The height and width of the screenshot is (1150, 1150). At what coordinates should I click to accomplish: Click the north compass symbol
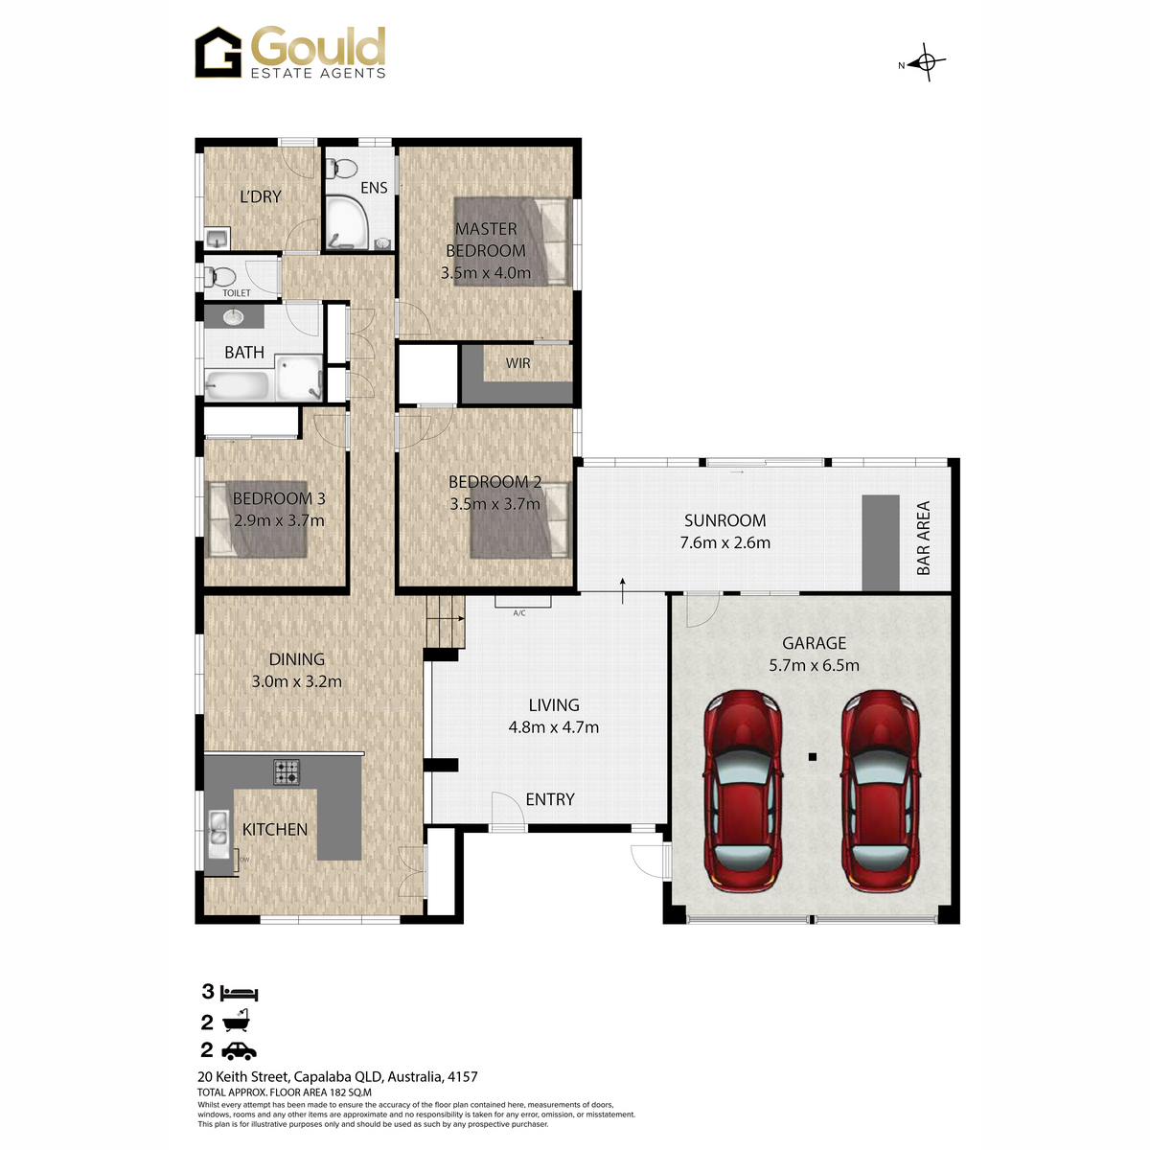point(926,62)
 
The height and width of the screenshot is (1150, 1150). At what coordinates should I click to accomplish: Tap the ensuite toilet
point(341,169)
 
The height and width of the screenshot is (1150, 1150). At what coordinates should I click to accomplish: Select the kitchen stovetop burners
point(287,771)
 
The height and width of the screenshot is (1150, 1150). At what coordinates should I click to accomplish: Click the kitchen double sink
point(218,835)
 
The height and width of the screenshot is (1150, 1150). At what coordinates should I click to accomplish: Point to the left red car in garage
point(743,792)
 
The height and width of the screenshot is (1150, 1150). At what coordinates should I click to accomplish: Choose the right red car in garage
point(881,792)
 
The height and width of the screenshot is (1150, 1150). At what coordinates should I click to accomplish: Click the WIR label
point(517,363)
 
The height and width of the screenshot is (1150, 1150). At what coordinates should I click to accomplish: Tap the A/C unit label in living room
point(519,613)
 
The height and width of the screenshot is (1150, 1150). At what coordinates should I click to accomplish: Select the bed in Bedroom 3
point(257,519)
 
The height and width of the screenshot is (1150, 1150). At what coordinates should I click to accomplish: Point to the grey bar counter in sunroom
point(881,543)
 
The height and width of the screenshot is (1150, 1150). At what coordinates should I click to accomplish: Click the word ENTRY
point(550,799)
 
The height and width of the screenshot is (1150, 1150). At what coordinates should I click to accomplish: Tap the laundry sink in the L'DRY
point(216,239)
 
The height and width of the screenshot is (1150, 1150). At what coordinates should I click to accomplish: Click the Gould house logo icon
point(218,53)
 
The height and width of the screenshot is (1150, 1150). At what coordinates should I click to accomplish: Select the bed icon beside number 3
point(240,994)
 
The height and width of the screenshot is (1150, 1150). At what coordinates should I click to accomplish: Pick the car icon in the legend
point(239,1051)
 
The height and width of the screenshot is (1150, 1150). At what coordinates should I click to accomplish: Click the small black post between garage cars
point(813,757)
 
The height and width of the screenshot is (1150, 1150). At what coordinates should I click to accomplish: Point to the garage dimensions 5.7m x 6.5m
point(814,665)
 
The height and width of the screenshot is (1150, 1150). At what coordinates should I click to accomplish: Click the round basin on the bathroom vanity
point(233,316)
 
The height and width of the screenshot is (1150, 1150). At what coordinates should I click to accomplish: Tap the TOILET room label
point(237,293)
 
